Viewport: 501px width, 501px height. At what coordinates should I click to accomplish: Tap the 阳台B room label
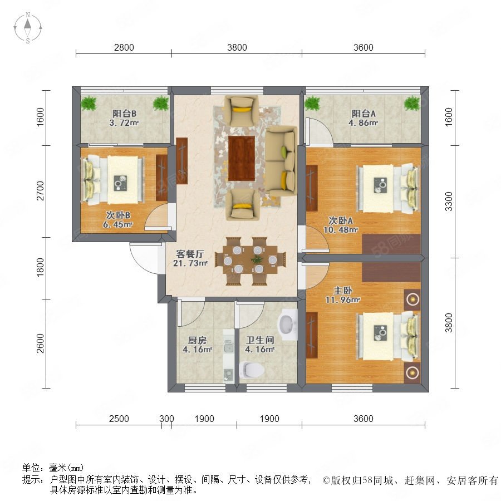[123, 112]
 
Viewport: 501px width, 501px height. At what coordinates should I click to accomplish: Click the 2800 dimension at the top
[124, 48]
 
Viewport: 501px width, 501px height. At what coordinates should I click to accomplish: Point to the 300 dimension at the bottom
[166, 419]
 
